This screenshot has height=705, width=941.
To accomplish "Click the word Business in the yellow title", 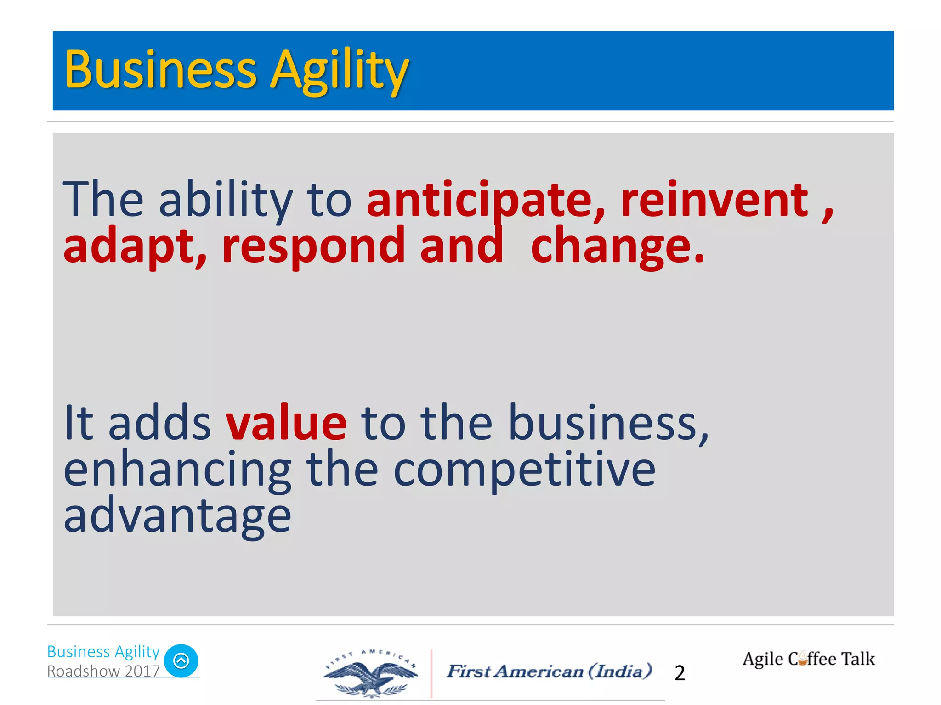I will pos(160,70).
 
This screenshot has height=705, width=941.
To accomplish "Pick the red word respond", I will pos(312,247).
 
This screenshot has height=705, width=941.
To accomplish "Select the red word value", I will pos(286,422).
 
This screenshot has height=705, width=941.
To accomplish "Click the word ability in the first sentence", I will pos(225,200).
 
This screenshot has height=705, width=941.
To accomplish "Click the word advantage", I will pos(177,516).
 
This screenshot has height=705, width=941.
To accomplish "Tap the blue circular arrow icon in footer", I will pos(181,661).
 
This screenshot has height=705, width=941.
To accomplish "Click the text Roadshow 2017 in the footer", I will pos(103,671).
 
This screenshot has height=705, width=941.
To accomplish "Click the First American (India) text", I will pos(550,671).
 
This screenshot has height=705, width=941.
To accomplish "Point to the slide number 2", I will pos(680,673).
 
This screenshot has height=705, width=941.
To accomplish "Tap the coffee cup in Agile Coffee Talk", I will pos(802,660).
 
